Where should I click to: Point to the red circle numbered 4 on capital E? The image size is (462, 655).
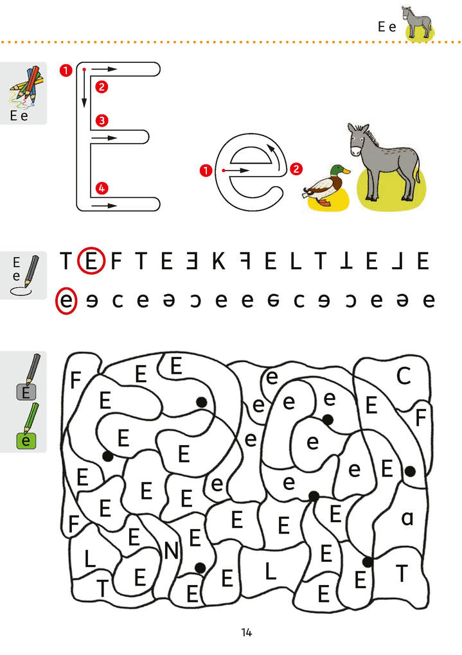coord(101,188)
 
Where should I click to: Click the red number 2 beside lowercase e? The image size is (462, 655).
coord(296,170)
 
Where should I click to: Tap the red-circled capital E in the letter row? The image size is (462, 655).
coord(91,262)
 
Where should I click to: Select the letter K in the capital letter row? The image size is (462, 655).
coord(218,262)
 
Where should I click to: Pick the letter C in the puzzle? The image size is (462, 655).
coord(403,377)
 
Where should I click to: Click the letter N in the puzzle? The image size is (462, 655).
coord(171,551)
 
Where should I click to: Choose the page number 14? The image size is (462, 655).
coord(246,633)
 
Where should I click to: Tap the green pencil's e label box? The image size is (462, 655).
coord(26,441)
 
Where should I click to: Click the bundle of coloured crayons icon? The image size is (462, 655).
coord(24,86)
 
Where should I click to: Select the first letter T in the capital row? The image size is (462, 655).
coord(66,262)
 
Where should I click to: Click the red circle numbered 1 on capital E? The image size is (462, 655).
coord(65,71)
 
